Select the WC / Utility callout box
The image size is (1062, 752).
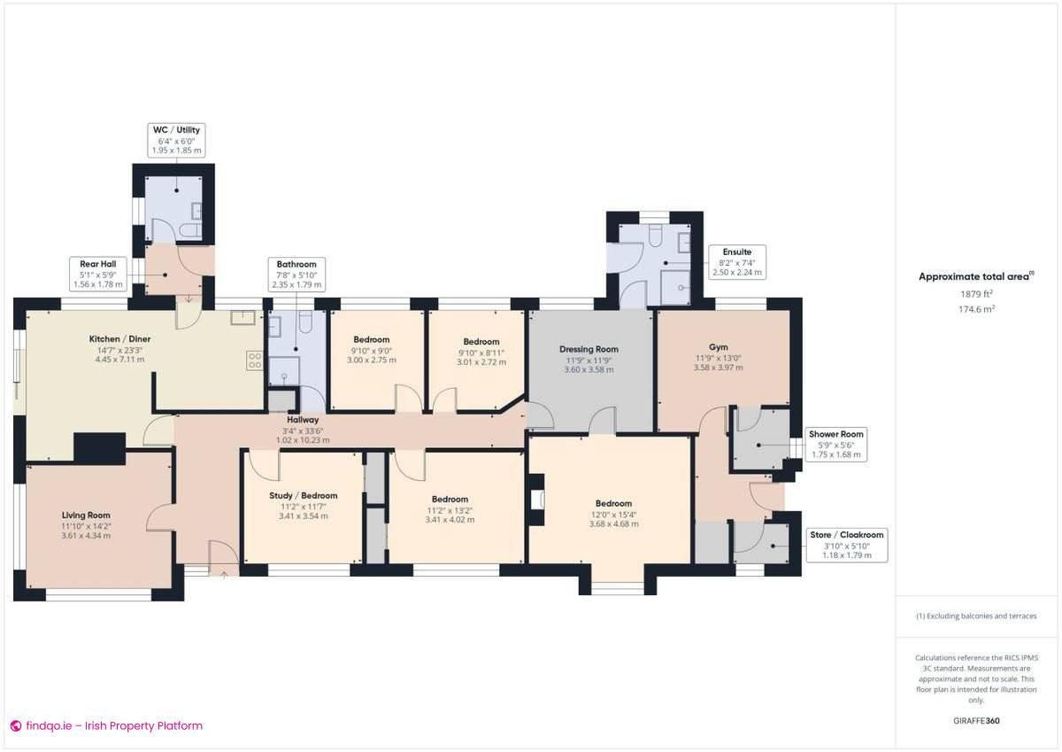(x=177, y=141)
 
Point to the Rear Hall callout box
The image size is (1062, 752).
(x=97, y=274)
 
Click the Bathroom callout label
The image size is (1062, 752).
(x=296, y=275)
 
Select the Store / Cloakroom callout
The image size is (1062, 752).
(x=846, y=545)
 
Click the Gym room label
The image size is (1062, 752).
(x=718, y=359)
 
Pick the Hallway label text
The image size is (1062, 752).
(x=303, y=429)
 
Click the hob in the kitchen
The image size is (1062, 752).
(x=254, y=360)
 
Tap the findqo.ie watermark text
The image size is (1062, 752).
(x=106, y=726)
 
